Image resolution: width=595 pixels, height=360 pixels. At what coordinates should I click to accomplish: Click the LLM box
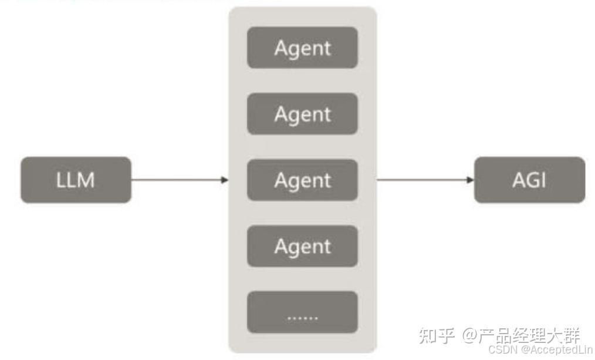(76, 180)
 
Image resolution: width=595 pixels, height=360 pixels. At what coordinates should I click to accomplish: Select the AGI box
(529, 180)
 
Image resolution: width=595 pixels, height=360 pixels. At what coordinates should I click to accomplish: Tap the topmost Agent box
(302, 48)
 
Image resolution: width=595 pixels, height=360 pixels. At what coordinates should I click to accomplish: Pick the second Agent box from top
(302, 114)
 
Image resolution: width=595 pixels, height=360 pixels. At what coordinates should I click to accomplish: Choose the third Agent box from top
(302, 180)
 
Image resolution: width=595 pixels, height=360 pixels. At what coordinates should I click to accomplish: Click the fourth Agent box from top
(302, 246)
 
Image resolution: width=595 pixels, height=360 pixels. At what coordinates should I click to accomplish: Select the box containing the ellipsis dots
(302, 312)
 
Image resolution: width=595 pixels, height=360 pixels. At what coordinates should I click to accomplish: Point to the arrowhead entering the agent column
(225, 180)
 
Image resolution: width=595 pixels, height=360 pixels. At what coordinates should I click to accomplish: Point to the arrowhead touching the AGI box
(470, 180)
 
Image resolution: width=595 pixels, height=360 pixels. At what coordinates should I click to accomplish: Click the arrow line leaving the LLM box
(176, 180)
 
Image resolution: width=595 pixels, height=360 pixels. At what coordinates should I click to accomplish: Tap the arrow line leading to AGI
(422, 180)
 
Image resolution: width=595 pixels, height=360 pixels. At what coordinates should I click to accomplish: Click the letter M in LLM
(86, 180)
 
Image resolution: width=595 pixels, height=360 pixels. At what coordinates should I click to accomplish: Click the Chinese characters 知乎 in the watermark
(435, 335)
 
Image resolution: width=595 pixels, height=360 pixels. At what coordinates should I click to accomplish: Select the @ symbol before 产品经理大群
(469, 336)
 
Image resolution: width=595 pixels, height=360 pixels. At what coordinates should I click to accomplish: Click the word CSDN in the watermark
(500, 349)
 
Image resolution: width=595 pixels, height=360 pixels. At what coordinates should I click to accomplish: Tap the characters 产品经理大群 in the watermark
(529, 336)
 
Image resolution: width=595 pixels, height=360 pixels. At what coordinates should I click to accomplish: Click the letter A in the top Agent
(281, 48)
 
